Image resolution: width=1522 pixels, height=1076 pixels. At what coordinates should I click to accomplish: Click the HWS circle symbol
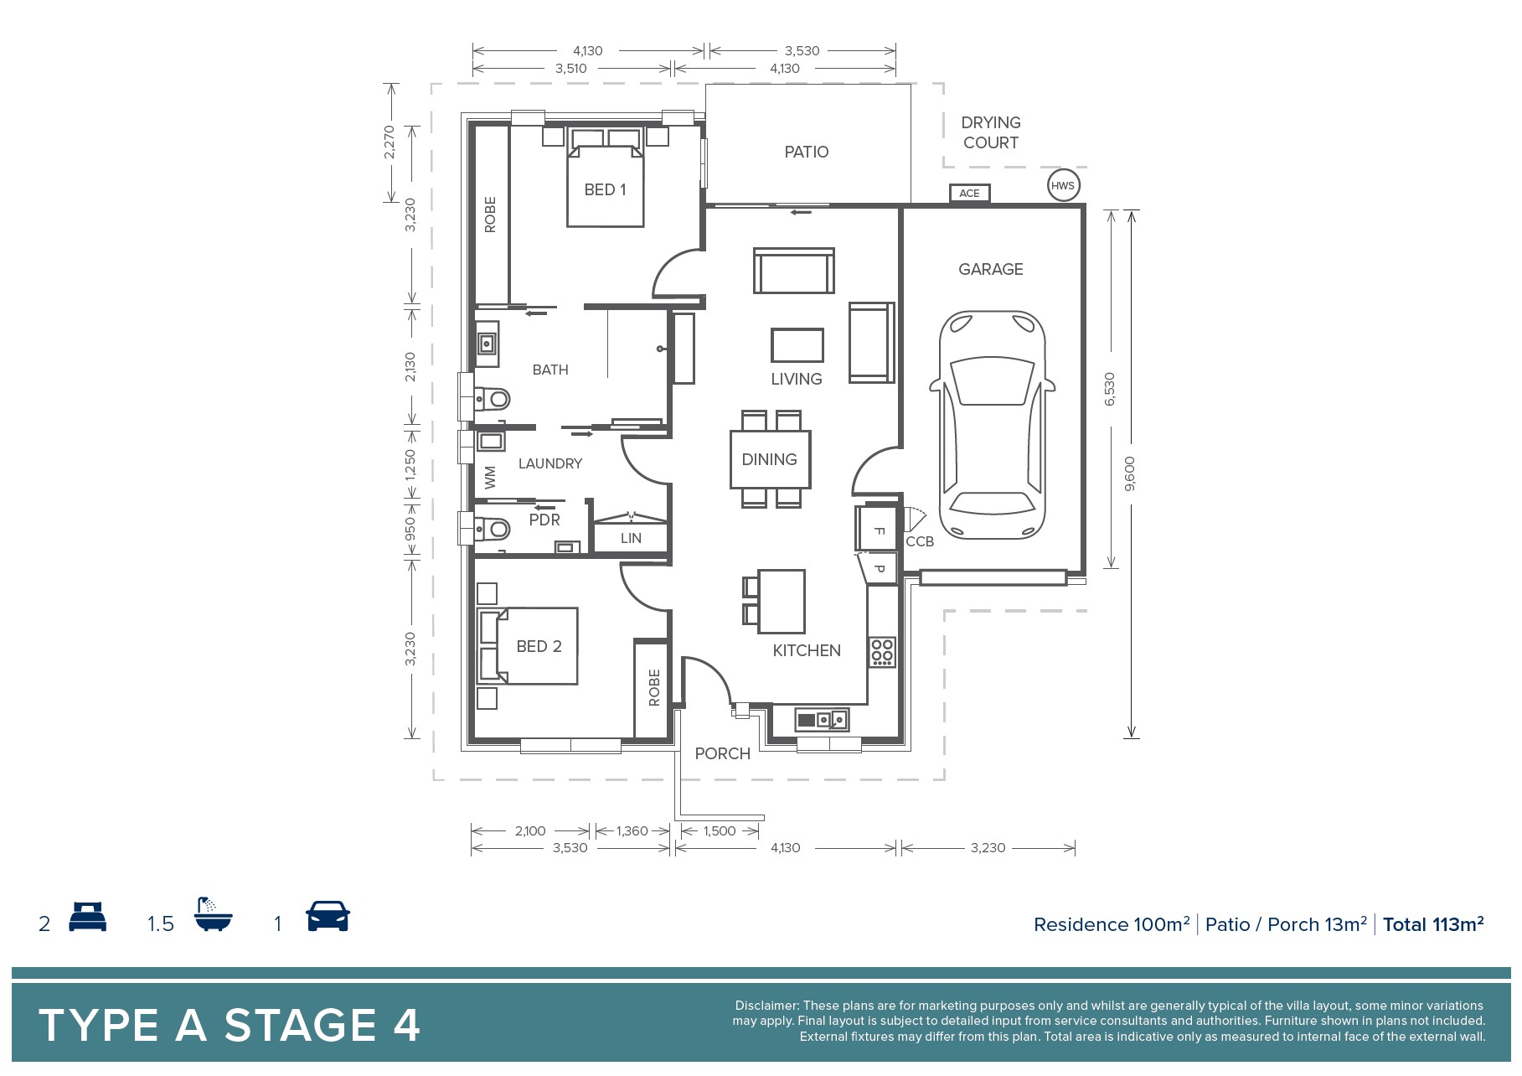[x=1062, y=186]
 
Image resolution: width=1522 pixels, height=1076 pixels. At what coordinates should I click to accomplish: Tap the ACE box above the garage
[x=969, y=194]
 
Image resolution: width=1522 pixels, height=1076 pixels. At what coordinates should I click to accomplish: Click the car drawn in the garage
[x=992, y=425]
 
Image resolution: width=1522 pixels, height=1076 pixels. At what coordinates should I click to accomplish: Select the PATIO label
[x=807, y=152]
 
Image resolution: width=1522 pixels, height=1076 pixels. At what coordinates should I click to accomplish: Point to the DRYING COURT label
[x=991, y=132]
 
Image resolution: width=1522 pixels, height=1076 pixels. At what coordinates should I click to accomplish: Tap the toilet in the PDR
[x=493, y=529]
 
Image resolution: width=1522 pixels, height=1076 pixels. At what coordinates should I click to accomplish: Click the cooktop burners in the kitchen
[x=881, y=652]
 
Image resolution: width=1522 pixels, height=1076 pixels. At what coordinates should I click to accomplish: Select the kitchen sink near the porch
[x=822, y=719]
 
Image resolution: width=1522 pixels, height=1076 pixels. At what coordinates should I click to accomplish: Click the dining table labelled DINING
[x=770, y=459]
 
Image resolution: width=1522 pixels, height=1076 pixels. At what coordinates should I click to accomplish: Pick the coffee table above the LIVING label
[x=797, y=345]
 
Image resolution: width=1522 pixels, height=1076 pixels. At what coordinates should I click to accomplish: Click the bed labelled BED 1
[x=605, y=177]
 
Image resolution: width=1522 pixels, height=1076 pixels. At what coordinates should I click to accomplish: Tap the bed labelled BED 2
[x=528, y=646]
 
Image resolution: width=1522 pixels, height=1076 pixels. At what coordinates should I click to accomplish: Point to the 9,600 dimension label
[x=1130, y=473]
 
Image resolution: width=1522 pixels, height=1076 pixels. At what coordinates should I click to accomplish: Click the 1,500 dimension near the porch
[x=720, y=831]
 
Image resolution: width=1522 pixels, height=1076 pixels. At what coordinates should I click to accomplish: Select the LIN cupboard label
[x=631, y=538]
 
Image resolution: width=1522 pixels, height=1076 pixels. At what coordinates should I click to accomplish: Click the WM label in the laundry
[x=490, y=478]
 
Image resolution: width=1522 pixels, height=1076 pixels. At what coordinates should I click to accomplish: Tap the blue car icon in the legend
[x=328, y=916]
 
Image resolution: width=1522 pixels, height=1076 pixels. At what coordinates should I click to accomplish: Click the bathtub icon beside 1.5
[x=213, y=914]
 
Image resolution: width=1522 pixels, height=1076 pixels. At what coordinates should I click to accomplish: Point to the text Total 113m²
[x=1433, y=923]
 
